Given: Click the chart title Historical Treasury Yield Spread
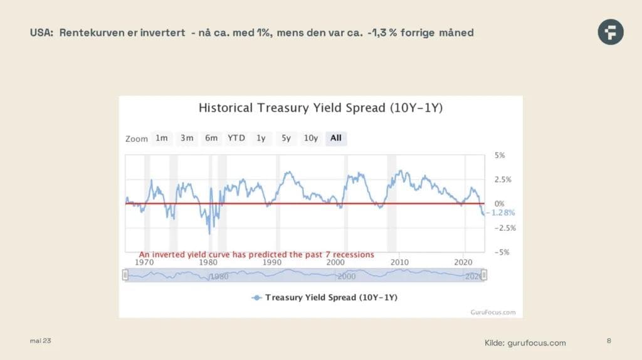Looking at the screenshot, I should (x=320, y=108).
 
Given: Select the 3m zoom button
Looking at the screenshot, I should (x=187, y=138).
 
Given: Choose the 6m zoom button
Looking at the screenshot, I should (x=211, y=138).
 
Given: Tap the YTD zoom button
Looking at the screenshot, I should (x=236, y=138).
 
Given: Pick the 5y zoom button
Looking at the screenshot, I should (x=286, y=138).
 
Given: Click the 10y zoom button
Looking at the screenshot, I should (x=311, y=138).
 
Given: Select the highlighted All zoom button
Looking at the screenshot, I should (x=336, y=138).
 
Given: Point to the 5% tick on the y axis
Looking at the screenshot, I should (x=500, y=155).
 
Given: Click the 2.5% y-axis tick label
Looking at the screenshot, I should (x=502, y=179).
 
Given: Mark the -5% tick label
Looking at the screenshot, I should (x=502, y=252).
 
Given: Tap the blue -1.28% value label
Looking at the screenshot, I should (x=502, y=213).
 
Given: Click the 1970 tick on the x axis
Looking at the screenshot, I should (x=144, y=262).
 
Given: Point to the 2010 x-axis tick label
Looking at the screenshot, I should (x=399, y=262).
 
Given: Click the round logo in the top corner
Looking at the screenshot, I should (x=610, y=32).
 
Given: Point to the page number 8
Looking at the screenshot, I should (x=609, y=341).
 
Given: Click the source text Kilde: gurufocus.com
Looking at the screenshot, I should (x=525, y=342).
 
